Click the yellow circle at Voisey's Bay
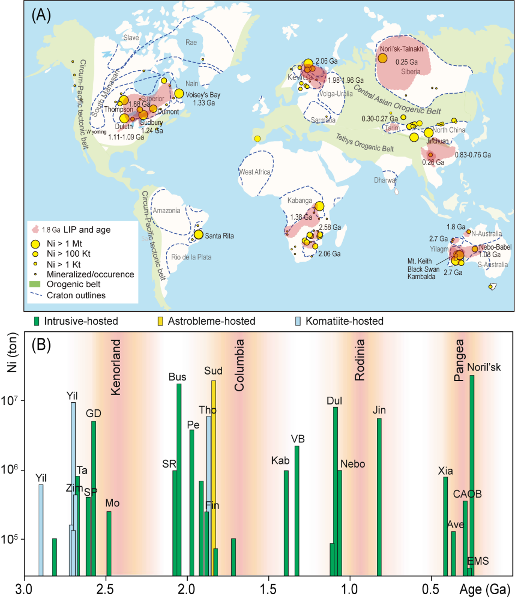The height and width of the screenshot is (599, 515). [x=179, y=93]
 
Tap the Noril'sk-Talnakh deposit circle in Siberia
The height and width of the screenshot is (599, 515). [x=383, y=58]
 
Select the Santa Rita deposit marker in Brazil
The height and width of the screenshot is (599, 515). [x=198, y=235]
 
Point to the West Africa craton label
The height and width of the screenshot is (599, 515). [x=255, y=172]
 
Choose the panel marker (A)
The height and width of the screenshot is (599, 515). [x=42, y=14]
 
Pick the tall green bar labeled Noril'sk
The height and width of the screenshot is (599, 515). [x=472, y=474]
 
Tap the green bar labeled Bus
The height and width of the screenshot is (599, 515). [x=178, y=480]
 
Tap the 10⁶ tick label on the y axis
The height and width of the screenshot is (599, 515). [x=10, y=470]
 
